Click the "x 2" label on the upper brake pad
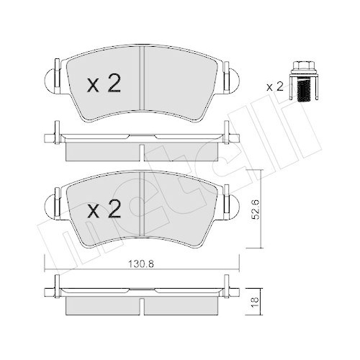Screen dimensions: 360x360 [103, 85]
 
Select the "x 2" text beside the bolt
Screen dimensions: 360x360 [274, 86]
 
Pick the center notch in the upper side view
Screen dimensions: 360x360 [143, 151]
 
